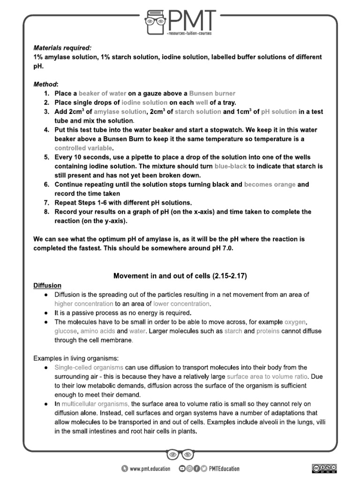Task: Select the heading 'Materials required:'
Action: [62, 48]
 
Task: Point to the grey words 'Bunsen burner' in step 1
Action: [212, 93]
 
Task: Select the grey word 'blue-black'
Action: [232, 166]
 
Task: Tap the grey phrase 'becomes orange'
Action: [270, 184]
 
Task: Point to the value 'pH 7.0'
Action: [220, 248]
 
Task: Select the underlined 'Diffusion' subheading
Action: [47, 285]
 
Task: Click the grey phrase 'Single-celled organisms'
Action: [89, 367]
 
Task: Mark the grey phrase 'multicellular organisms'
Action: [96, 404]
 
